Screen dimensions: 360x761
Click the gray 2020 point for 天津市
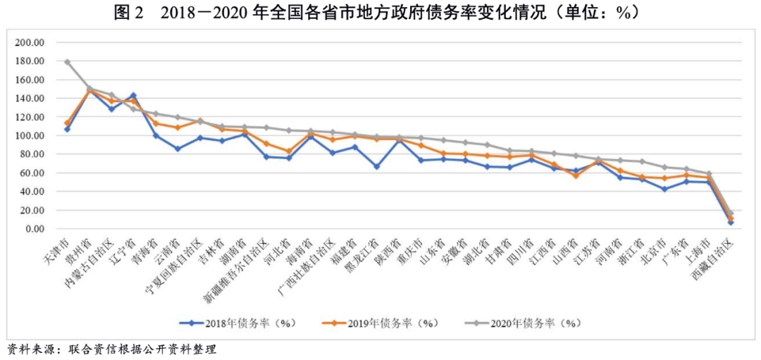[x=68, y=62]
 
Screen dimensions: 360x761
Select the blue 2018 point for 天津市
[x=68, y=129]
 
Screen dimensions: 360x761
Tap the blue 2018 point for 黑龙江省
[x=377, y=166]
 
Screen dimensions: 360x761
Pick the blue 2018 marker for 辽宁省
[x=133, y=95]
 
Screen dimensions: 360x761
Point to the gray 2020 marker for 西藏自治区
[x=731, y=213]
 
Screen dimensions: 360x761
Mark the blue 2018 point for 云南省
[x=178, y=149]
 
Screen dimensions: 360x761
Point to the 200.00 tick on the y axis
[x=30, y=42]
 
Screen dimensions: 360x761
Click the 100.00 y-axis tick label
[x=30, y=135]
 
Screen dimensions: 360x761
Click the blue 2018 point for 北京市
[x=664, y=189]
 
